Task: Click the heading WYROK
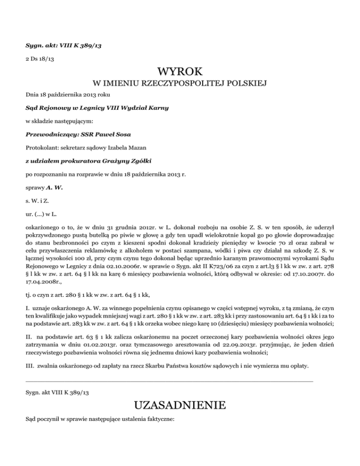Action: click(180, 72)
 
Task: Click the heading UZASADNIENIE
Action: click(180, 405)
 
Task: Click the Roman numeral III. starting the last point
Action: click(30, 365)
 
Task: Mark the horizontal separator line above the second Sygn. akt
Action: click(169, 382)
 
